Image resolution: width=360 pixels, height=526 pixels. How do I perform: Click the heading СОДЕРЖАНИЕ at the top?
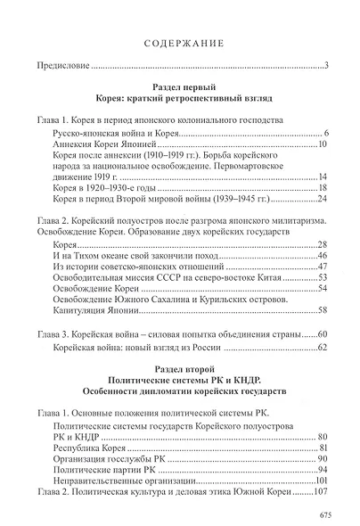180,41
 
